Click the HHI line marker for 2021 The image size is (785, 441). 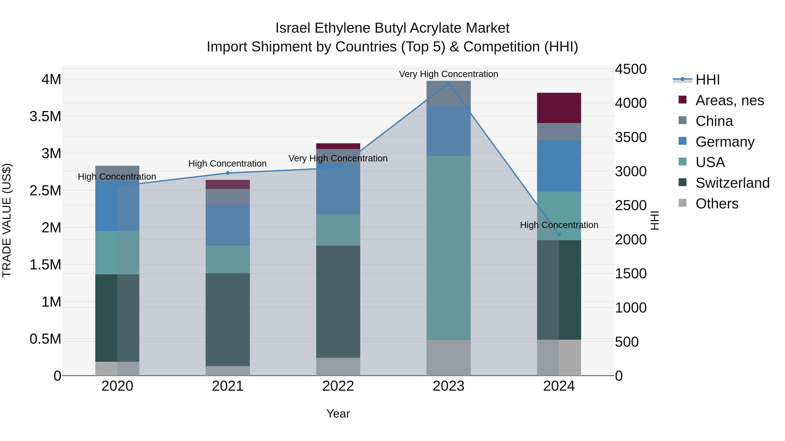click(x=228, y=173)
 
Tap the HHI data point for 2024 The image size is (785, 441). click(x=559, y=234)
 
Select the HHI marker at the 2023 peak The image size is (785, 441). click(x=449, y=83)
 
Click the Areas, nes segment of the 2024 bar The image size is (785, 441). click(x=559, y=108)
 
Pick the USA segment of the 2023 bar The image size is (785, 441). click(x=449, y=248)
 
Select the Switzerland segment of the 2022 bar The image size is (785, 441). click(x=338, y=301)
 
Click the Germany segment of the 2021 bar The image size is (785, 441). click(x=228, y=225)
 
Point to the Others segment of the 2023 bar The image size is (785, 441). click(x=449, y=358)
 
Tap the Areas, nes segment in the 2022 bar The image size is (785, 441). click(x=338, y=146)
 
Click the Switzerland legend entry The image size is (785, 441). click(x=732, y=183)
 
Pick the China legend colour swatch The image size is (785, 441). click(x=683, y=120)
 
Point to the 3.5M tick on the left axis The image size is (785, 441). click(x=45, y=117)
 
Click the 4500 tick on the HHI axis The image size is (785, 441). click(x=630, y=69)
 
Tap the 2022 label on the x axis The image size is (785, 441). click(x=338, y=386)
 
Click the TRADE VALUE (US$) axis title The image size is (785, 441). click(x=7, y=220)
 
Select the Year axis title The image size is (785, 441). click(x=338, y=414)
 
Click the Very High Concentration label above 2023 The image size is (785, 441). click(x=449, y=74)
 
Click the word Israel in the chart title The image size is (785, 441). click(x=293, y=28)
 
